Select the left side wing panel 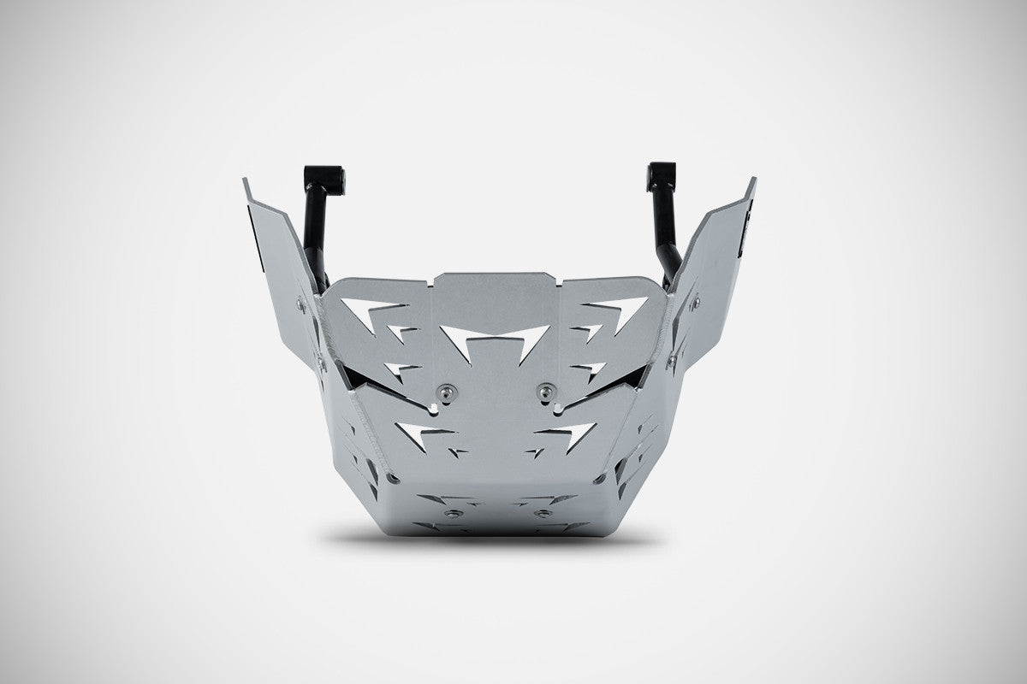pos(278,256)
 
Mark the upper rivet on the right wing pos(694,300)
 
